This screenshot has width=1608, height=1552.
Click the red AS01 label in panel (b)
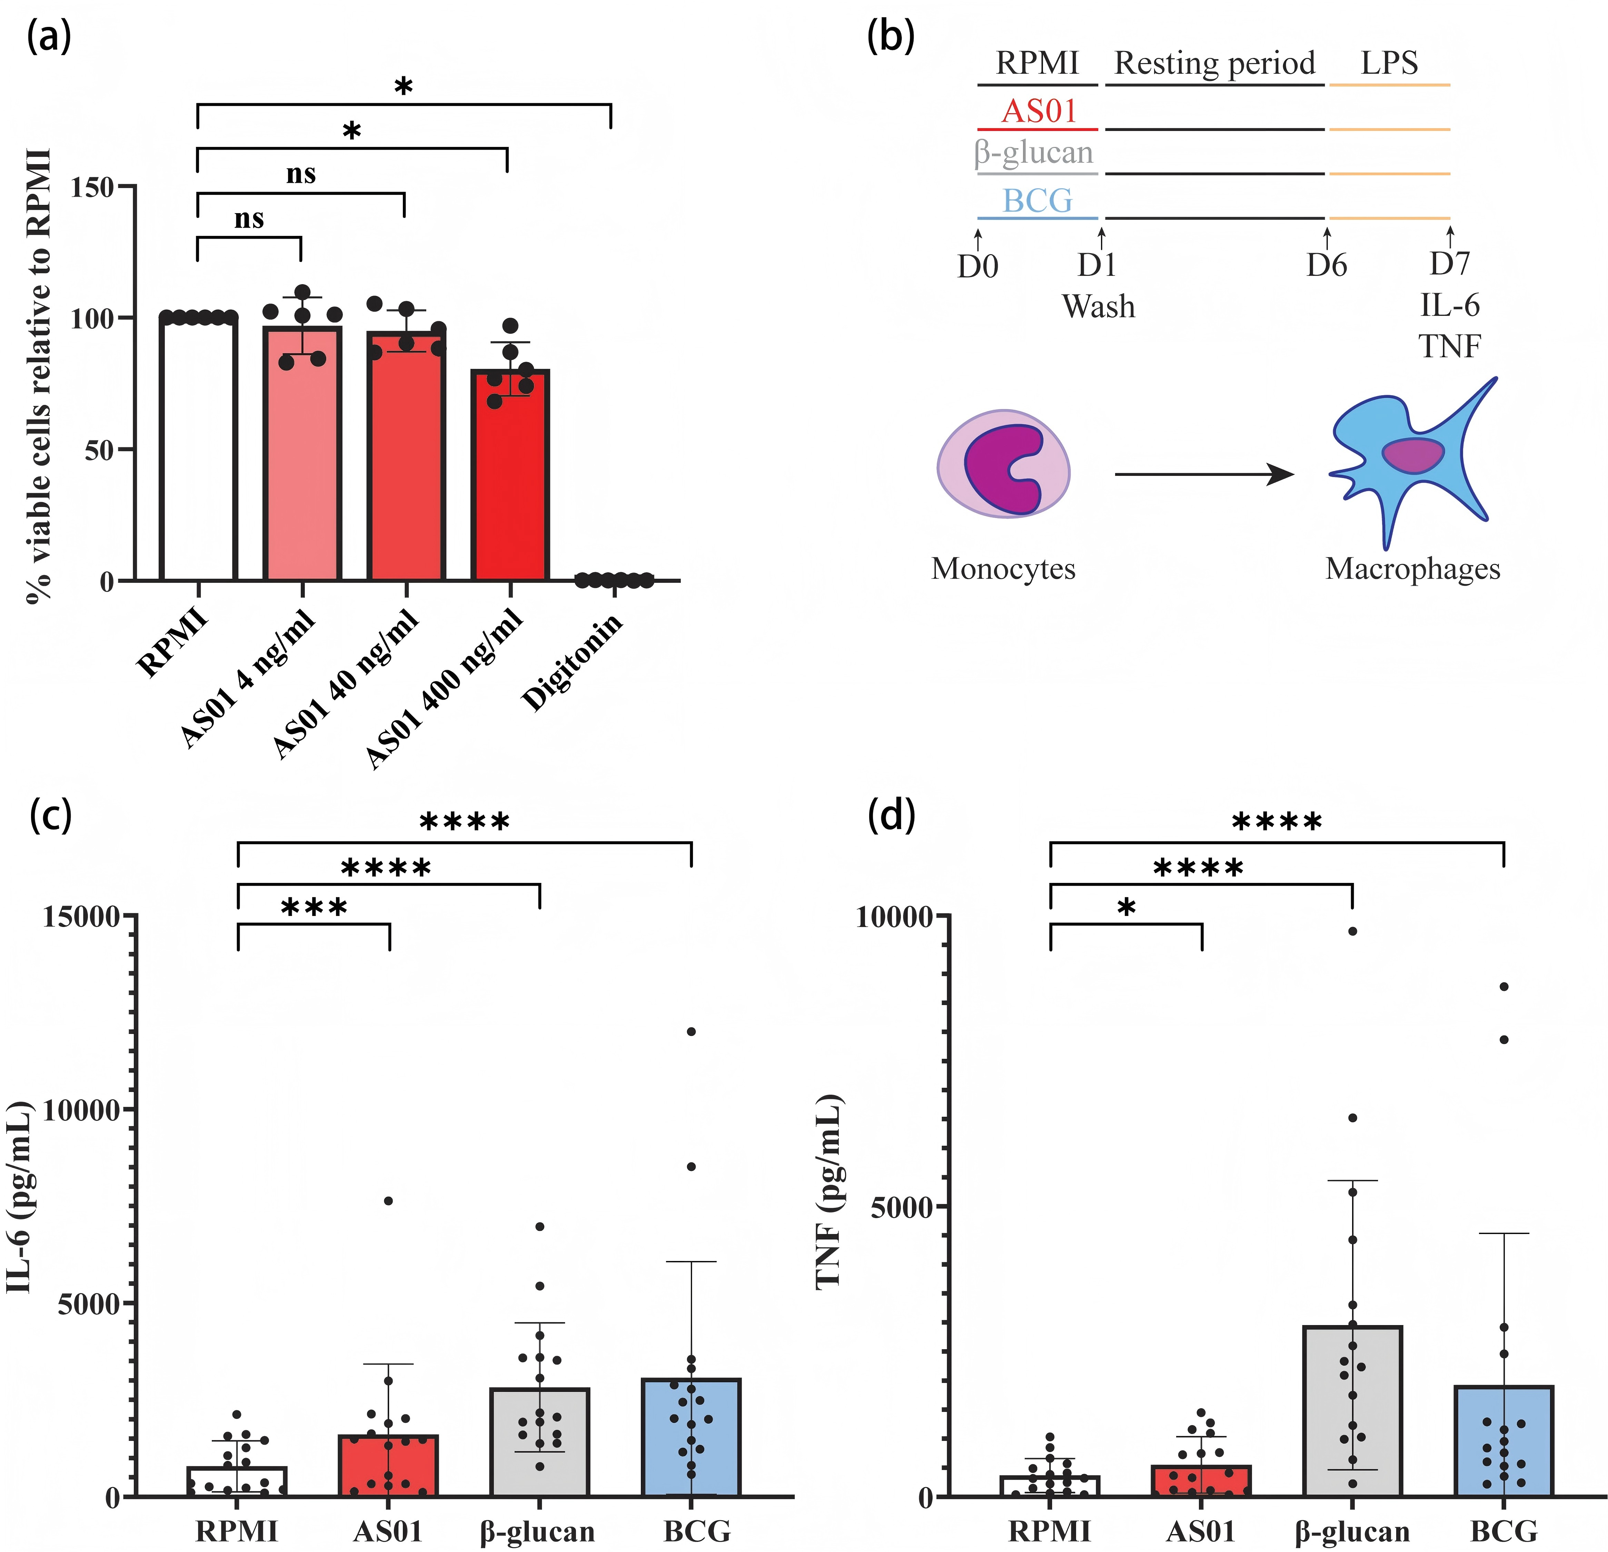(1039, 111)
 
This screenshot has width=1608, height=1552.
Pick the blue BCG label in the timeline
(1038, 200)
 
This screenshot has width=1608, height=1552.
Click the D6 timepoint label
(1327, 265)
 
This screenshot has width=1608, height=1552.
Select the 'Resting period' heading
(1214, 63)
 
